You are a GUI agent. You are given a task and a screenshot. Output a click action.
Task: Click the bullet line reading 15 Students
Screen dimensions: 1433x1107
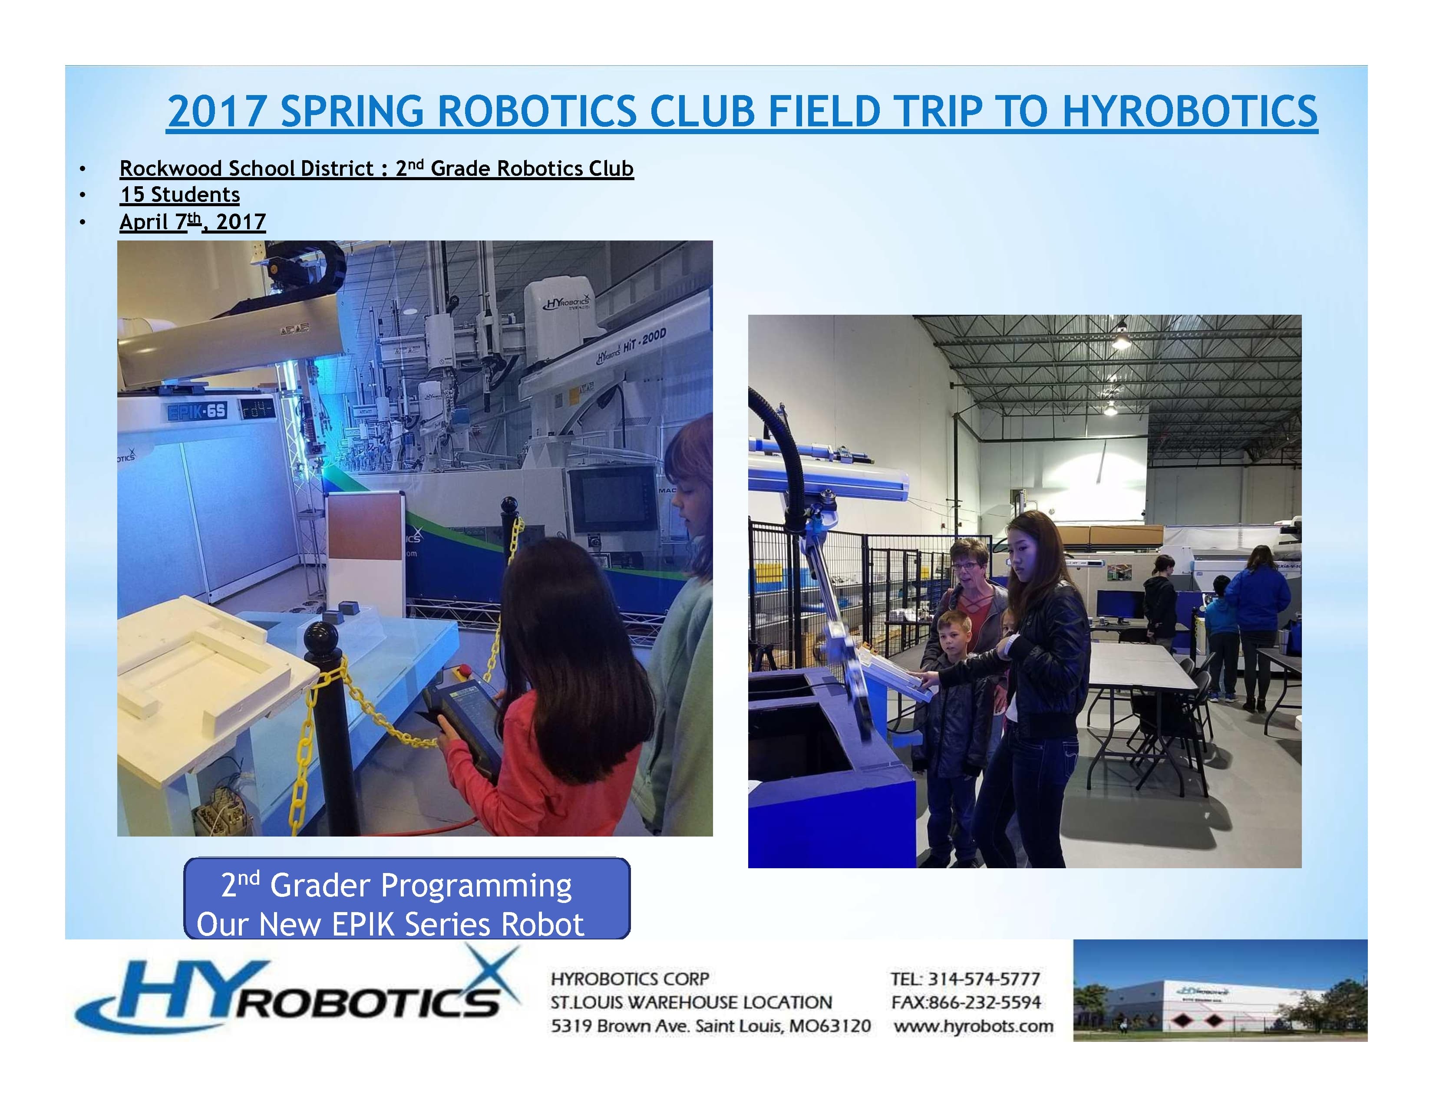[x=180, y=195]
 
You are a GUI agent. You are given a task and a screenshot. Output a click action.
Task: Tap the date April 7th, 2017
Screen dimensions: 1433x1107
[x=192, y=222]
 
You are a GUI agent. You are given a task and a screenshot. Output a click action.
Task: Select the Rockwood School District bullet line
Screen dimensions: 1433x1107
[x=376, y=168]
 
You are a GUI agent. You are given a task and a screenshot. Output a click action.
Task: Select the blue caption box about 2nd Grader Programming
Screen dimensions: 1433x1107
[x=407, y=899]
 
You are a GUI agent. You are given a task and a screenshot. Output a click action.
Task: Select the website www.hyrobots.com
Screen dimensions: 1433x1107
[x=973, y=1026]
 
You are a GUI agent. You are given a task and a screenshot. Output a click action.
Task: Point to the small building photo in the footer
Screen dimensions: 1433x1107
[x=1220, y=990]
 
